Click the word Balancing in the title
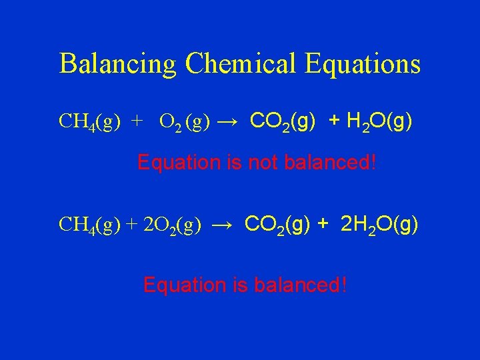click(118, 64)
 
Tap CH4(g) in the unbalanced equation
click(89, 121)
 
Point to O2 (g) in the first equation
click(185, 121)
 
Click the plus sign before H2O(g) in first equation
click(334, 121)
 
